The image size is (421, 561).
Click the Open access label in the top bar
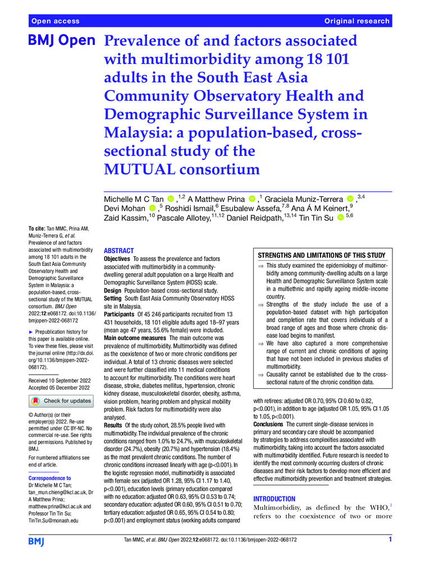pos(56,21)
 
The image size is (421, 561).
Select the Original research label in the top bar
pos(356,21)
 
